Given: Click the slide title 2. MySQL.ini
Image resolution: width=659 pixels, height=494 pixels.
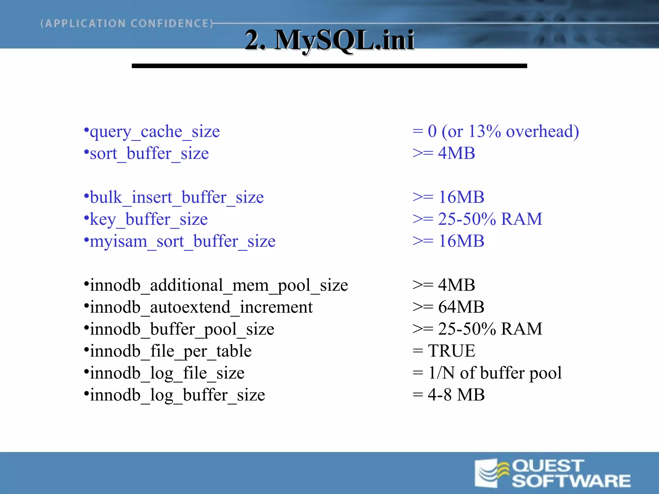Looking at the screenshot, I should click(x=329, y=40).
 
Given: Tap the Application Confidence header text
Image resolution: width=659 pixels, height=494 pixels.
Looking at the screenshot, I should click(x=127, y=23).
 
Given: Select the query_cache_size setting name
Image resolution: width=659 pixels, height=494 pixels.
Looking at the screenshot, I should click(x=154, y=132).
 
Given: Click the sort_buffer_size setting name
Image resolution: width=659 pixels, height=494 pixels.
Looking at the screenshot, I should click(x=149, y=154).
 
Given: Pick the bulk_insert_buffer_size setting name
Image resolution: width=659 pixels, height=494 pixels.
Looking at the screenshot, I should click(x=177, y=197).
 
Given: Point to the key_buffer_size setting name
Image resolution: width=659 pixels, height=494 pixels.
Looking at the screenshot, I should click(x=148, y=220).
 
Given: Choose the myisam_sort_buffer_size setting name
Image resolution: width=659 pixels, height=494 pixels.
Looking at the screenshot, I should click(x=182, y=242).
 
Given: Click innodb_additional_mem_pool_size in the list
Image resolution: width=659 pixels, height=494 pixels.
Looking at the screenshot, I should click(x=219, y=286).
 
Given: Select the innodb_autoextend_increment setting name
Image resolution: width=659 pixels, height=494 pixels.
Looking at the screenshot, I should click(x=201, y=307).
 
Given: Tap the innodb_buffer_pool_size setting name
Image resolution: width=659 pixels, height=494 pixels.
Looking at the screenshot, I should click(x=182, y=329).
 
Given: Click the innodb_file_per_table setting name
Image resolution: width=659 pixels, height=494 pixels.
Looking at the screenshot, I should click(x=171, y=351).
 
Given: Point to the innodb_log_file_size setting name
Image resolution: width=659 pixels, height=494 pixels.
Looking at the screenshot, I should click(x=167, y=373).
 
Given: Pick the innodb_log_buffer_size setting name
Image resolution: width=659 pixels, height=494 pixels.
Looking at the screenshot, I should click(x=177, y=395).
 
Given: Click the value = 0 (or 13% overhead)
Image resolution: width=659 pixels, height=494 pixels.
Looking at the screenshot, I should click(x=496, y=132).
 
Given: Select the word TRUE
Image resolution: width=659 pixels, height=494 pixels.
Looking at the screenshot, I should click(x=451, y=351).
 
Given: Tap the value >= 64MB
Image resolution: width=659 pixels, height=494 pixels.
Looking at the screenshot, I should click(x=448, y=307).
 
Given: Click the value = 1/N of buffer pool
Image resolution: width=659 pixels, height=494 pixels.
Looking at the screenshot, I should click(x=487, y=373).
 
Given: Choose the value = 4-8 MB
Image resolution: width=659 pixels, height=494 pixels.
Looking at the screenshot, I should click(x=448, y=395).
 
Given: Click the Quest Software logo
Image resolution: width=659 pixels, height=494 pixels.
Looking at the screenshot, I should click(x=552, y=473).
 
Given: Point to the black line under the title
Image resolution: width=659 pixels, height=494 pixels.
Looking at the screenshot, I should click(x=329, y=66).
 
